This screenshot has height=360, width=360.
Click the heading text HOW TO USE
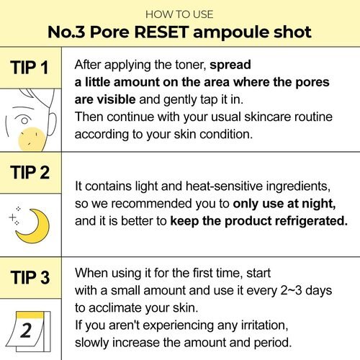coord(179,14)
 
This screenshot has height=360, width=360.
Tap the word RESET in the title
coord(161,32)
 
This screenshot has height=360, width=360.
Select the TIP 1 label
coord(30,67)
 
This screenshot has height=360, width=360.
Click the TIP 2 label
coord(30,172)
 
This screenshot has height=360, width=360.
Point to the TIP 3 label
coord(30,277)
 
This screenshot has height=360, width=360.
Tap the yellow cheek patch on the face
coord(32,140)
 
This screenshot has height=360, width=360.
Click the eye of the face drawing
coord(24,120)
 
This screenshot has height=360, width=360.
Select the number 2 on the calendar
coord(26,330)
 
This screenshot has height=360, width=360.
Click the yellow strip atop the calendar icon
coord(30,315)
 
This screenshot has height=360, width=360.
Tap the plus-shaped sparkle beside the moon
coord(12,217)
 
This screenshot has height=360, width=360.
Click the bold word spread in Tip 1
coord(230,65)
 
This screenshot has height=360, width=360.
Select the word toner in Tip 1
coord(191,65)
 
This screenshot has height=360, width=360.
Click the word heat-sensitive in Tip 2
coord(224,186)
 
